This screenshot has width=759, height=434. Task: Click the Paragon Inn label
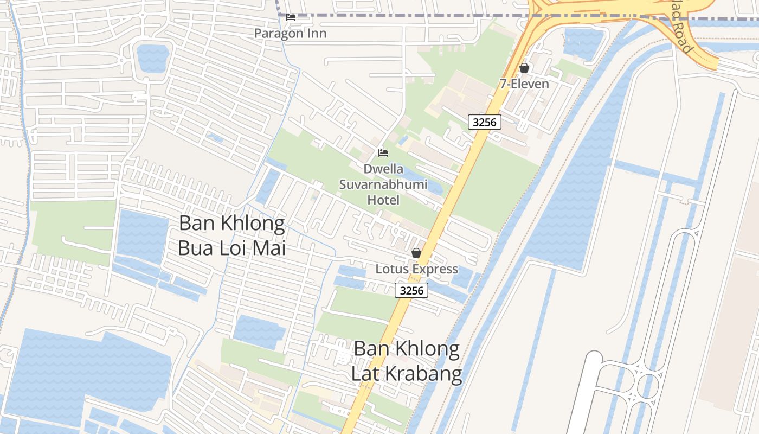click(291, 33)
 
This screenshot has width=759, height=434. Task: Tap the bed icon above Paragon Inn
click(291, 17)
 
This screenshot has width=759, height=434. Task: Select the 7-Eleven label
click(524, 84)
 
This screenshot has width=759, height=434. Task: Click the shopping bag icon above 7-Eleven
click(524, 68)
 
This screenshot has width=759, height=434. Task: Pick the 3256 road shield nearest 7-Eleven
click(484, 122)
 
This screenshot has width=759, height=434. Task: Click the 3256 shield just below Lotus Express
click(411, 290)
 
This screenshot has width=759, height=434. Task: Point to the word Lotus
click(393, 269)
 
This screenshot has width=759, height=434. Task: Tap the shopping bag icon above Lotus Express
click(416, 253)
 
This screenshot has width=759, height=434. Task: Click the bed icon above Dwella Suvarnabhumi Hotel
click(383, 153)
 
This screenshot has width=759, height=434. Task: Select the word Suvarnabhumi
click(383, 184)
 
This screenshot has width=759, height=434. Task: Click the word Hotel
click(383, 200)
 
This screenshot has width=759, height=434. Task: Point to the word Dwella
click(383, 169)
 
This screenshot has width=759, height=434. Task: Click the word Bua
click(196, 248)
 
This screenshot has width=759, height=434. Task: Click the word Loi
click(234, 248)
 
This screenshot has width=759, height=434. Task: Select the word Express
click(435, 269)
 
